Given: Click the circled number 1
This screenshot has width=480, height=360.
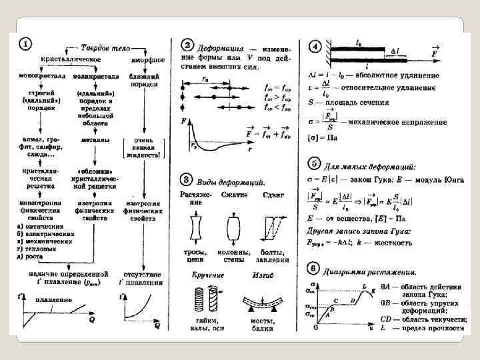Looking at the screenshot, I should coord(25,45).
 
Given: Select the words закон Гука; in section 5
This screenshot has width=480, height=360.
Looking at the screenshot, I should coord(379,179).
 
